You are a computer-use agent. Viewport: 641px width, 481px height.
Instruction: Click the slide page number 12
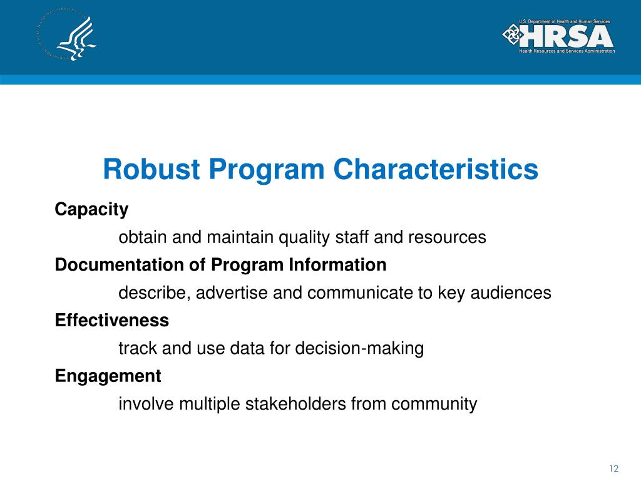click(613, 469)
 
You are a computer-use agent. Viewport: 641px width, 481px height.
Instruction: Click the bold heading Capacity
click(91, 209)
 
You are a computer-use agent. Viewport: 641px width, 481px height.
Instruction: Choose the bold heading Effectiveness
click(112, 321)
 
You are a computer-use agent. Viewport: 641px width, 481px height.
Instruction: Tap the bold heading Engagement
click(108, 376)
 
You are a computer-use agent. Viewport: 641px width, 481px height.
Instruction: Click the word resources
click(447, 237)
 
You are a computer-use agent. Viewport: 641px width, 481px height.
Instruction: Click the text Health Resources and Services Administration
click(567, 51)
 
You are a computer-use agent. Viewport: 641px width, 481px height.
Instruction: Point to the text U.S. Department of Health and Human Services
click(564, 22)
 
